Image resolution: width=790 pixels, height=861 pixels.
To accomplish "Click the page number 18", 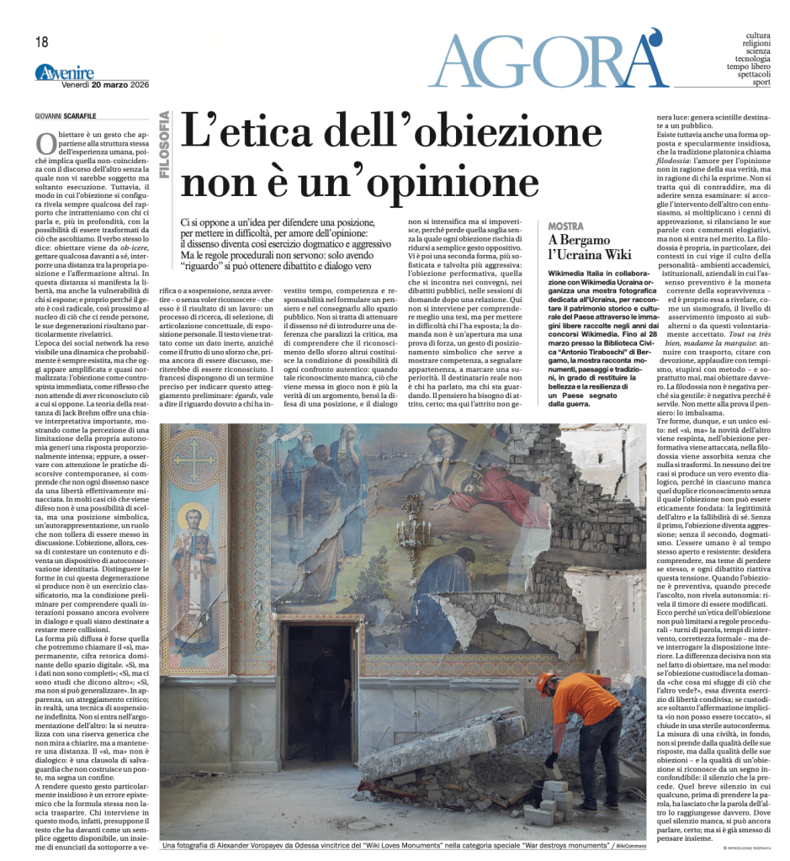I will [42, 41].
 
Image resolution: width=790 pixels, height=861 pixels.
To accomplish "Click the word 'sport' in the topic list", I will [761, 82].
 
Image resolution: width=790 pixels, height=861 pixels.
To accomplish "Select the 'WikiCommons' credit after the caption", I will [630, 844].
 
